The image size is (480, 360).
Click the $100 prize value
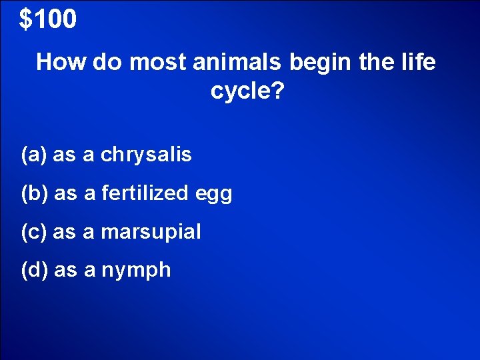coord(48,20)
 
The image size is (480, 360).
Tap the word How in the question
coord(62,63)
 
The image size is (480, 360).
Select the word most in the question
coord(158,63)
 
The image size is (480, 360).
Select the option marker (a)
coord(34,155)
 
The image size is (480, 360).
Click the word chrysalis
coord(146,155)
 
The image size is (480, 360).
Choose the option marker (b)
coord(34,194)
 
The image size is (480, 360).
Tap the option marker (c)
coord(34,232)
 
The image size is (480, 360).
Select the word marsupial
coord(151,233)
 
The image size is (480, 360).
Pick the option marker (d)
coord(34,270)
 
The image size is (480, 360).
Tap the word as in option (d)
coord(65,271)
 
